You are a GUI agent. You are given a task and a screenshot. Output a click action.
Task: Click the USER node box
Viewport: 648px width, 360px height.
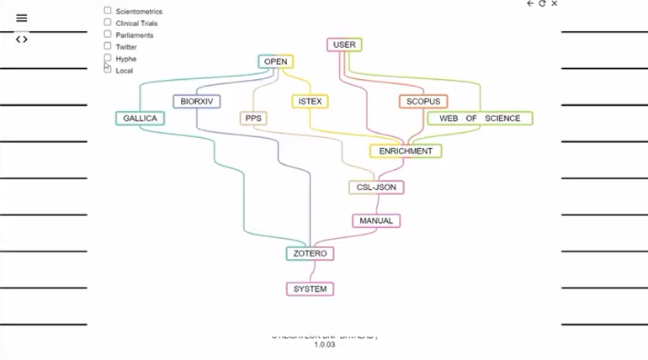click(343, 45)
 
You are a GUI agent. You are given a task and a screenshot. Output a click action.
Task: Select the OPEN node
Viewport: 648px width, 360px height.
click(275, 61)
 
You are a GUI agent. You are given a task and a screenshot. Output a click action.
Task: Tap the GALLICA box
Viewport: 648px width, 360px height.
click(140, 119)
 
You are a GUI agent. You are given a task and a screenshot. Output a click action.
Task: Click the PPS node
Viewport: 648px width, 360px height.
click(253, 119)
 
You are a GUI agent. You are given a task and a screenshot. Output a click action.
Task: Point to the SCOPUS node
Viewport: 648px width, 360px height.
click(422, 102)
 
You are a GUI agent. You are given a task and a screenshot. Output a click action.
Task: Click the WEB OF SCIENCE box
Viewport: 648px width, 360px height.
click(480, 119)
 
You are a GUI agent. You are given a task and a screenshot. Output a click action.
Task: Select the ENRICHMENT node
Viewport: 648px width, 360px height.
click(406, 151)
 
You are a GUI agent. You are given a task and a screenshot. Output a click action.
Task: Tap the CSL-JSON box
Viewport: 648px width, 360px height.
click(376, 187)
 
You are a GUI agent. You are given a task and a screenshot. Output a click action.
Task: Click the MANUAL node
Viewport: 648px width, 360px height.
click(376, 220)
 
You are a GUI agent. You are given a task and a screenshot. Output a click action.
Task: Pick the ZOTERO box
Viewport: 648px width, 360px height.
click(310, 253)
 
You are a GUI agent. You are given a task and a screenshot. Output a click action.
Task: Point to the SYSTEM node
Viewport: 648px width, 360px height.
click(310, 289)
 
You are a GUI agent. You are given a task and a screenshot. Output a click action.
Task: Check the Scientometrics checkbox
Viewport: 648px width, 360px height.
click(108, 11)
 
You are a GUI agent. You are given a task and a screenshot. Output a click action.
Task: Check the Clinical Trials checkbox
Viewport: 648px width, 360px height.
click(108, 23)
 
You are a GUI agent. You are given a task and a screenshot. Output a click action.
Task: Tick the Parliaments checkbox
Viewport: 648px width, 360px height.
click(108, 34)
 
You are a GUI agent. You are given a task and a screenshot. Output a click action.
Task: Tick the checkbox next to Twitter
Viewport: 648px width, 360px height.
click(108, 46)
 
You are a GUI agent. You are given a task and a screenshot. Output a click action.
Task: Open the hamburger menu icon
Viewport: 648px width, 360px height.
click(22, 18)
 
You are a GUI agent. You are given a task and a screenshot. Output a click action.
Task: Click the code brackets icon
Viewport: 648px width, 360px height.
click(22, 39)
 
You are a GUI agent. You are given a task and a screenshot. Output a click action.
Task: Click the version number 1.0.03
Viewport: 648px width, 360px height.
click(325, 345)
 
